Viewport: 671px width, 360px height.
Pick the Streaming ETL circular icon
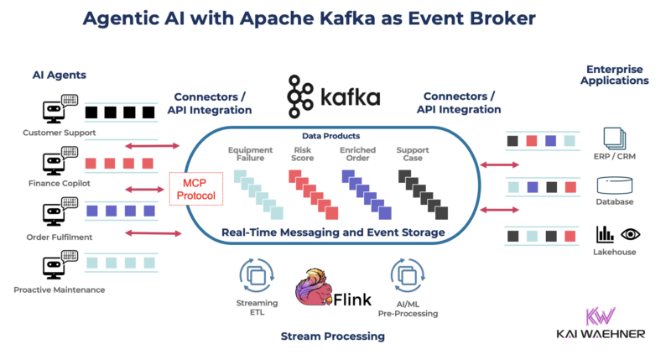click(x=252, y=275)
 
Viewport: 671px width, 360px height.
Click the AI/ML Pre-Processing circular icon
click(x=406, y=275)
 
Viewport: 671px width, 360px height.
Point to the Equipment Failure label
click(x=250, y=155)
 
